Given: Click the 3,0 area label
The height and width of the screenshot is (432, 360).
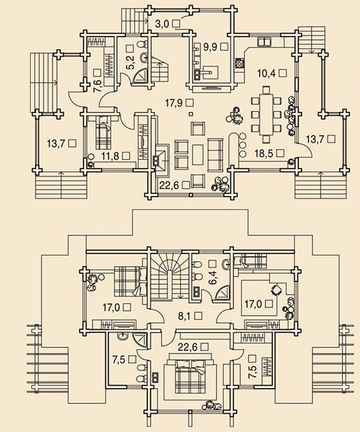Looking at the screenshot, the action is tap(162, 24).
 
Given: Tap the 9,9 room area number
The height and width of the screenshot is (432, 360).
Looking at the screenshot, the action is tap(210, 47).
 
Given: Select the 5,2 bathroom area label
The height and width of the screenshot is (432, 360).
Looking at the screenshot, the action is tap(131, 62).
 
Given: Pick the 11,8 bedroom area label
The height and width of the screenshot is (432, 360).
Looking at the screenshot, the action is tap(109, 156).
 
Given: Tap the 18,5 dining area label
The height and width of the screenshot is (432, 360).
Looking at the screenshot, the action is tap(264, 153).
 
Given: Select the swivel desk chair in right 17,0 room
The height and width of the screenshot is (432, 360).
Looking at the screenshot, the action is tap(277, 290).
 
